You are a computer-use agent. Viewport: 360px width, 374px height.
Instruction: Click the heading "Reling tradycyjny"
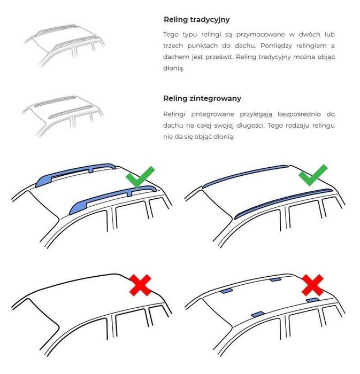(x=196, y=20)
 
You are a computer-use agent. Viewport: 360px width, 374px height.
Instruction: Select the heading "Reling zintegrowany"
(x=202, y=98)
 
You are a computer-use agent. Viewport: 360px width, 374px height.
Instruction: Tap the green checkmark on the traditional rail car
(x=140, y=176)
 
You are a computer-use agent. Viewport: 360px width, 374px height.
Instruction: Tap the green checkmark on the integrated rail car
(x=313, y=175)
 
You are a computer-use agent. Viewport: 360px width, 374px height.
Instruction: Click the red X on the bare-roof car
(x=140, y=285)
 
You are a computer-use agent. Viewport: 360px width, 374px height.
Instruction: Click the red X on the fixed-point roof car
(x=313, y=285)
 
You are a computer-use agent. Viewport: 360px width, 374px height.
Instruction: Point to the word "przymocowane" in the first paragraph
(x=261, y=35)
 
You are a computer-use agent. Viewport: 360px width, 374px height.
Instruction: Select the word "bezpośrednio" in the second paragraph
(x=299, y=114)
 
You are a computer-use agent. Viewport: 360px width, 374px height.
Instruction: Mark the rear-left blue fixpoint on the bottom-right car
(x=226, y=291)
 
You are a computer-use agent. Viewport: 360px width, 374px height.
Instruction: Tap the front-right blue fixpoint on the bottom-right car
(x=313, y=300)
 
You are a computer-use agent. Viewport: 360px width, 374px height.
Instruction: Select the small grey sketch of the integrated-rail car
(x=63, y=116)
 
